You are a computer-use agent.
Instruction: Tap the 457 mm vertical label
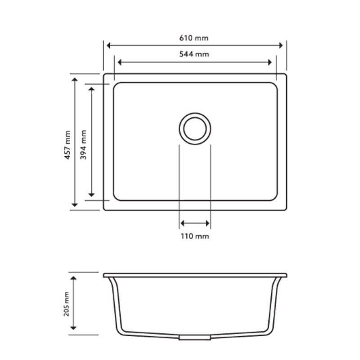tap(67, 142)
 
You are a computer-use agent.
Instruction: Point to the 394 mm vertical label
tap(84, 142)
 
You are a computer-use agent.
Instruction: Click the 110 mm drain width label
tap(195, 236)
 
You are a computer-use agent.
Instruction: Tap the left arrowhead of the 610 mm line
tap(108, 45)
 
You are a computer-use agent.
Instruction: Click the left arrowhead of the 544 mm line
tap(119, 63)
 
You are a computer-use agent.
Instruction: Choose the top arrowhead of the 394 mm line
tap(92, 89)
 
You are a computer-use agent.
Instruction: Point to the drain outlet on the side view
tap(195, 337)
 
